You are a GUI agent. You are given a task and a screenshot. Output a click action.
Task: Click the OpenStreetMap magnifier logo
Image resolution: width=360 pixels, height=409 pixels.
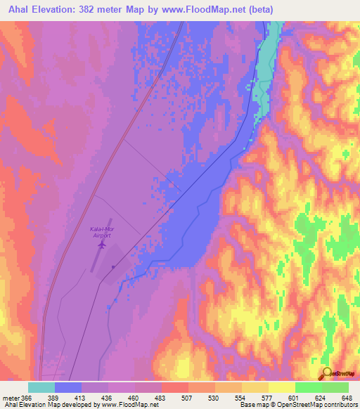pyautogui.click(x=328, y=373)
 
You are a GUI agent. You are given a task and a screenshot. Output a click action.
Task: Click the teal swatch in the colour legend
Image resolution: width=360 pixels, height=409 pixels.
pyautogui.click(x=41, y=387)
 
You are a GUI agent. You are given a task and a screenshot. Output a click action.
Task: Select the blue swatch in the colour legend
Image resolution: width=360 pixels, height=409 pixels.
pyautogui.click(x=68, y=387)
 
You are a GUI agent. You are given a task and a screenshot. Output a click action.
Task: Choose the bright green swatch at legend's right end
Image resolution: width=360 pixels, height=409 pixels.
pyautogui.click(x=335, y=387)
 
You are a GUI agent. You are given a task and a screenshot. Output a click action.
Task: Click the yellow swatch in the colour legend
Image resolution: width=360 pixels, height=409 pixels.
pyautogui.click(x=281, y=387)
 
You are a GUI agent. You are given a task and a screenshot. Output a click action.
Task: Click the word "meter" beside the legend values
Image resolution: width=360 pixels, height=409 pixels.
pyautogui.click(x=12, y=398)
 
